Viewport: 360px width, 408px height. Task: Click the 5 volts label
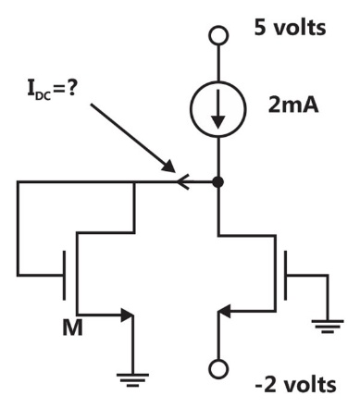[x=290, y=28]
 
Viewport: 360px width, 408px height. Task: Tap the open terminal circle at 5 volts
[x=218, y=35]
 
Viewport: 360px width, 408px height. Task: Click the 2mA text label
[x=293, y=105]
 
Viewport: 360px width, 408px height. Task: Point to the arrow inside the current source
[x=218, y=109]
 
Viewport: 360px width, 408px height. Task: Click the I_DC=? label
[x=52, y=89]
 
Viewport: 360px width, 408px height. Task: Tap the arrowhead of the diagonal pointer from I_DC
[x=169, y=167]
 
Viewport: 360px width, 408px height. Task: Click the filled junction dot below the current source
[x=218, y=182]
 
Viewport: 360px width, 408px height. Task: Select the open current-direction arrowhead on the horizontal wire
[x=183, y=182]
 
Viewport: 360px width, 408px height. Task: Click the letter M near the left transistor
[x=72, y=328]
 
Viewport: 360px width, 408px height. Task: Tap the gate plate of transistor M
[x=64, y=275]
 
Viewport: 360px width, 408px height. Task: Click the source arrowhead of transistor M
[x=127, y=315]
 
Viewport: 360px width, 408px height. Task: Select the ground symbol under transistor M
[x=132, y=380]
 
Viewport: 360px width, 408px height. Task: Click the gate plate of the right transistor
[x=285, y=275]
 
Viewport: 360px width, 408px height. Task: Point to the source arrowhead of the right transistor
[x=224, y=311]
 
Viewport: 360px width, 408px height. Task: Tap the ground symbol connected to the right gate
[x=328, y=327]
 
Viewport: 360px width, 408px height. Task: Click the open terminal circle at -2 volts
[x=218, y=369]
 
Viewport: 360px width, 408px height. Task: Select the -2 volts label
[x=296, y=385]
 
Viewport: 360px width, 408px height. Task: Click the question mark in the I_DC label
[x=71, y=88]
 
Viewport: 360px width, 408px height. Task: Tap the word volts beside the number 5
[x=300, y=28]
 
